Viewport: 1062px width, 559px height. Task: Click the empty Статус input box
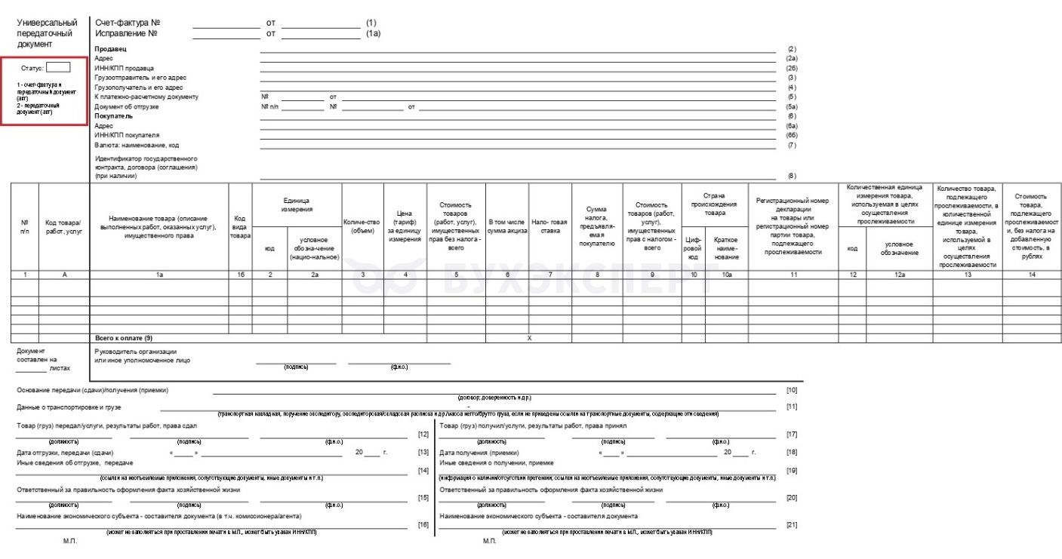point(58,67)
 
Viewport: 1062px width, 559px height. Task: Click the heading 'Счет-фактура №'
point(128,23)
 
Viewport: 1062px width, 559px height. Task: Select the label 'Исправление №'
point(126,34)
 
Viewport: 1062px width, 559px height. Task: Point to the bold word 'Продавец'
point(110,48)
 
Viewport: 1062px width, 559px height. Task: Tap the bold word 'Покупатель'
point(113,116)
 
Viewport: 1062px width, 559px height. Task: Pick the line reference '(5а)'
point(792,106)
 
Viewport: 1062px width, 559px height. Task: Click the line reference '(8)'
point(792,176)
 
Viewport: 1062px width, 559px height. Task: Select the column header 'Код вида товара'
point(240,226)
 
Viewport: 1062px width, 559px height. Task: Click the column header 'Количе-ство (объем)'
point(362,226)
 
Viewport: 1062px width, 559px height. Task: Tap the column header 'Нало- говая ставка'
point(549,226)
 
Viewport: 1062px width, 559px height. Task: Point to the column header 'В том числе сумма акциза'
point(507,226)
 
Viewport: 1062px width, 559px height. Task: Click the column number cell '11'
point(793,275)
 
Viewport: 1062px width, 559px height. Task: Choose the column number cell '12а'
point(899,275)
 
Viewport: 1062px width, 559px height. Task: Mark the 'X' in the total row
point(529,338)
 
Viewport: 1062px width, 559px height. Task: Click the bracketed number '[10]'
point(792,390)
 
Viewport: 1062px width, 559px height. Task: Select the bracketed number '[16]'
point(423,524)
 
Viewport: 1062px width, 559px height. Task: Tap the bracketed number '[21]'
point(792,524)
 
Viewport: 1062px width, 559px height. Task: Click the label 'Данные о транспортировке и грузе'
point(69,407)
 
